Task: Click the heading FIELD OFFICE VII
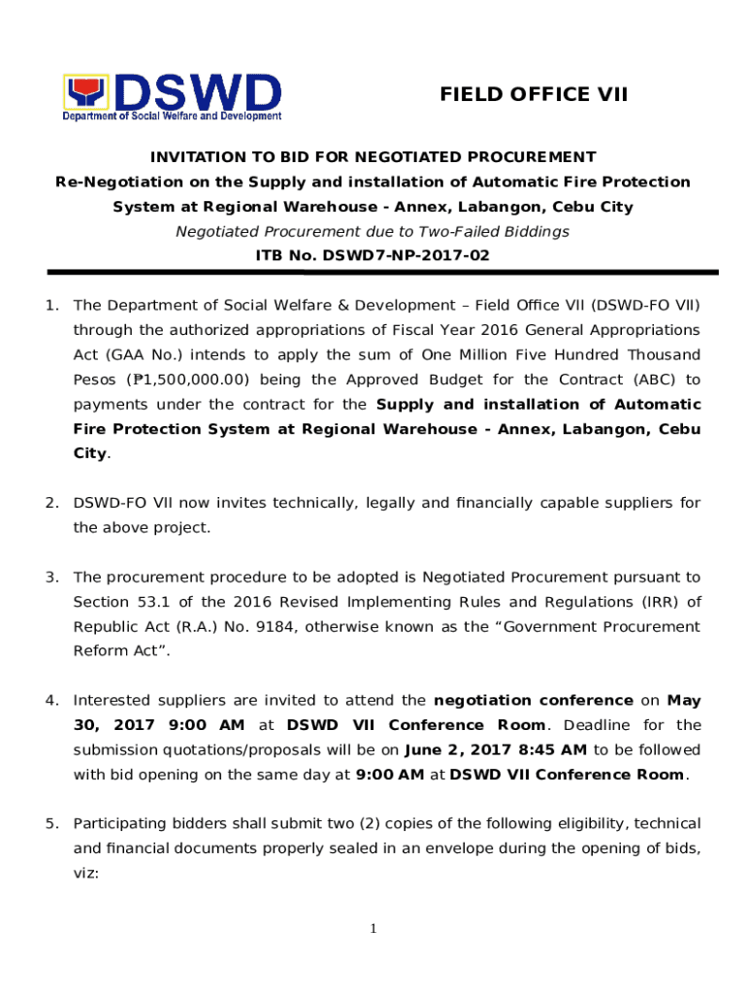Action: (x=534, y=94)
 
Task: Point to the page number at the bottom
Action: (x=373, y=930)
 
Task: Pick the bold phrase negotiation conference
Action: (x=534, y=701)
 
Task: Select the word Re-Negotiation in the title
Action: (x=105, y=182)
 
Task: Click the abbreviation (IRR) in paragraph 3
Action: (x=658, y=602)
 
